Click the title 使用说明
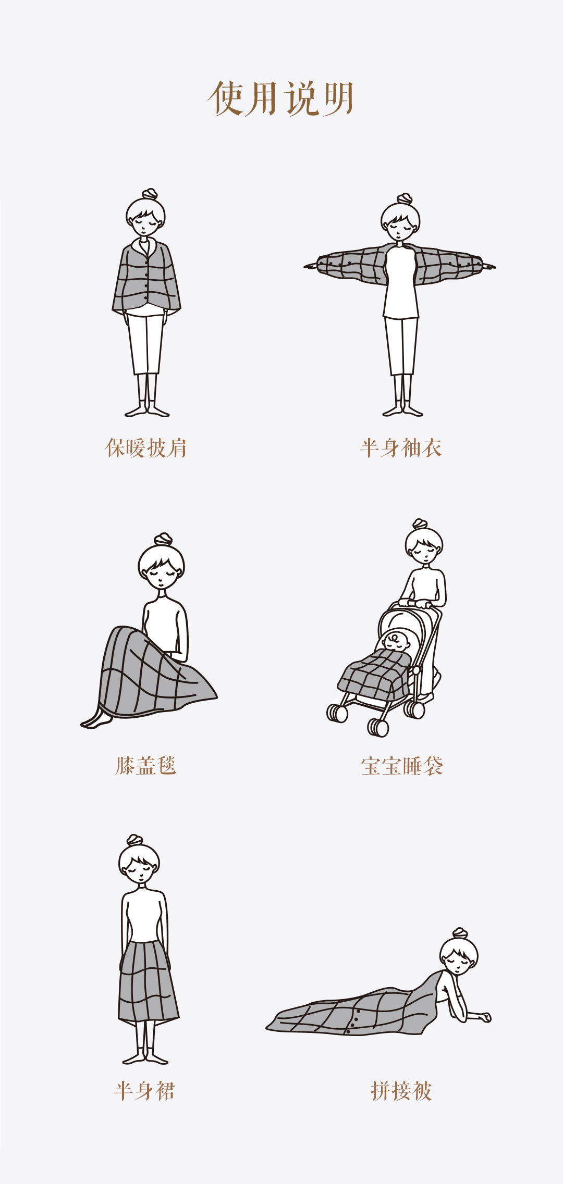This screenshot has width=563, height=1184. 281,98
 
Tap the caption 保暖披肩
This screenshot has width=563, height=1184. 146,447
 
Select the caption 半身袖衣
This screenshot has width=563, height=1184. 401,447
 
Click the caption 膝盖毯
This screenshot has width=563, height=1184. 145,765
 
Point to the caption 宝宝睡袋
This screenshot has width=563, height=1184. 402,766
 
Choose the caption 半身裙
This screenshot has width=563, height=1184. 145,1090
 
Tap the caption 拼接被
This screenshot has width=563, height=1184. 401,1090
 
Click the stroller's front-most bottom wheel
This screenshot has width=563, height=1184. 379,727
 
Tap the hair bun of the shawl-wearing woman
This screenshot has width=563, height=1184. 150,194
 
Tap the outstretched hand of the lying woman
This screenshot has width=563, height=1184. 485,1017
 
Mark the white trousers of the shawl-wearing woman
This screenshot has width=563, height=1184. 146,344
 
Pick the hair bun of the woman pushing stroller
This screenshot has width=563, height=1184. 420,524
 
